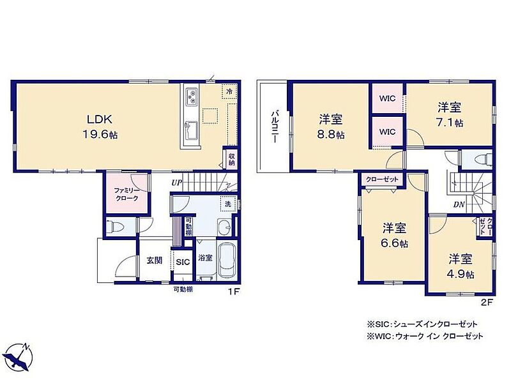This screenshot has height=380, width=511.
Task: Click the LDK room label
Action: [100, 119]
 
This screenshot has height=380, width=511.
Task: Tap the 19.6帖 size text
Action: [100, 135]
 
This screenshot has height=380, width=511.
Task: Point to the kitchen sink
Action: [191, 130]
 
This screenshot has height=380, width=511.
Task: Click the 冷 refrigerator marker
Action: [229, 91]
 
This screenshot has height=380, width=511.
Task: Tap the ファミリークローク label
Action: [126, 195]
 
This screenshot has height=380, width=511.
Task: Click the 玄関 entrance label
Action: [154, 261]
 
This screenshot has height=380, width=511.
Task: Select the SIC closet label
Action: [183, 262]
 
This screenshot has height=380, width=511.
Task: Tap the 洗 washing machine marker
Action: [228, 204]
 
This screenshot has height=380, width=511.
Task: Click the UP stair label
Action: [177, 183]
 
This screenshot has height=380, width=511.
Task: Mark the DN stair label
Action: [459, 204]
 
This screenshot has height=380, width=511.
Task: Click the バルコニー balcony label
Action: [275, 127]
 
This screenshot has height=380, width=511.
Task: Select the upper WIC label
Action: [387, 98]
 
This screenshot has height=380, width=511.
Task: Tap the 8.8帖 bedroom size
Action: [330, 135]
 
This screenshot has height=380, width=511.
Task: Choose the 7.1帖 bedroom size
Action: [450, 123]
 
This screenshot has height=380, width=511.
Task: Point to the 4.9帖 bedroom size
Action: [461, 274]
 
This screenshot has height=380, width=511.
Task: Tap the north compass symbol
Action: [20, 358]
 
